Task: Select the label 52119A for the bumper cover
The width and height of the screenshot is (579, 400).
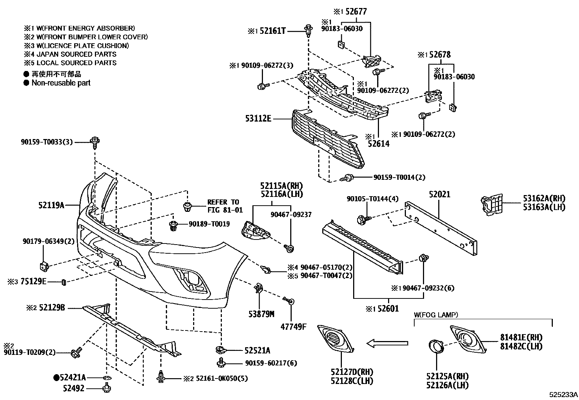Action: pos(51,205)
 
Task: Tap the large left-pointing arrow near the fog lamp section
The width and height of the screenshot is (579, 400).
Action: pos(387,343)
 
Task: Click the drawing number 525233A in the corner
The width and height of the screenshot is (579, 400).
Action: pos(563,394)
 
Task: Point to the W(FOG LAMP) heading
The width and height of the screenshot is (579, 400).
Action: pos(436,314)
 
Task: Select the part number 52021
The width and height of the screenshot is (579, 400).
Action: pos(439,194)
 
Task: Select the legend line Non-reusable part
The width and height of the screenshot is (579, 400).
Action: pos(61,83)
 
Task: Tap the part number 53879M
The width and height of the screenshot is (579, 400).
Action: pos(259,314)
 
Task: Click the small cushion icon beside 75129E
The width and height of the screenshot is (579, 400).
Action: pos(64,282)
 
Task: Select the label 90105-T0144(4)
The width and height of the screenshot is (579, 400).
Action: pos(372,199)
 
